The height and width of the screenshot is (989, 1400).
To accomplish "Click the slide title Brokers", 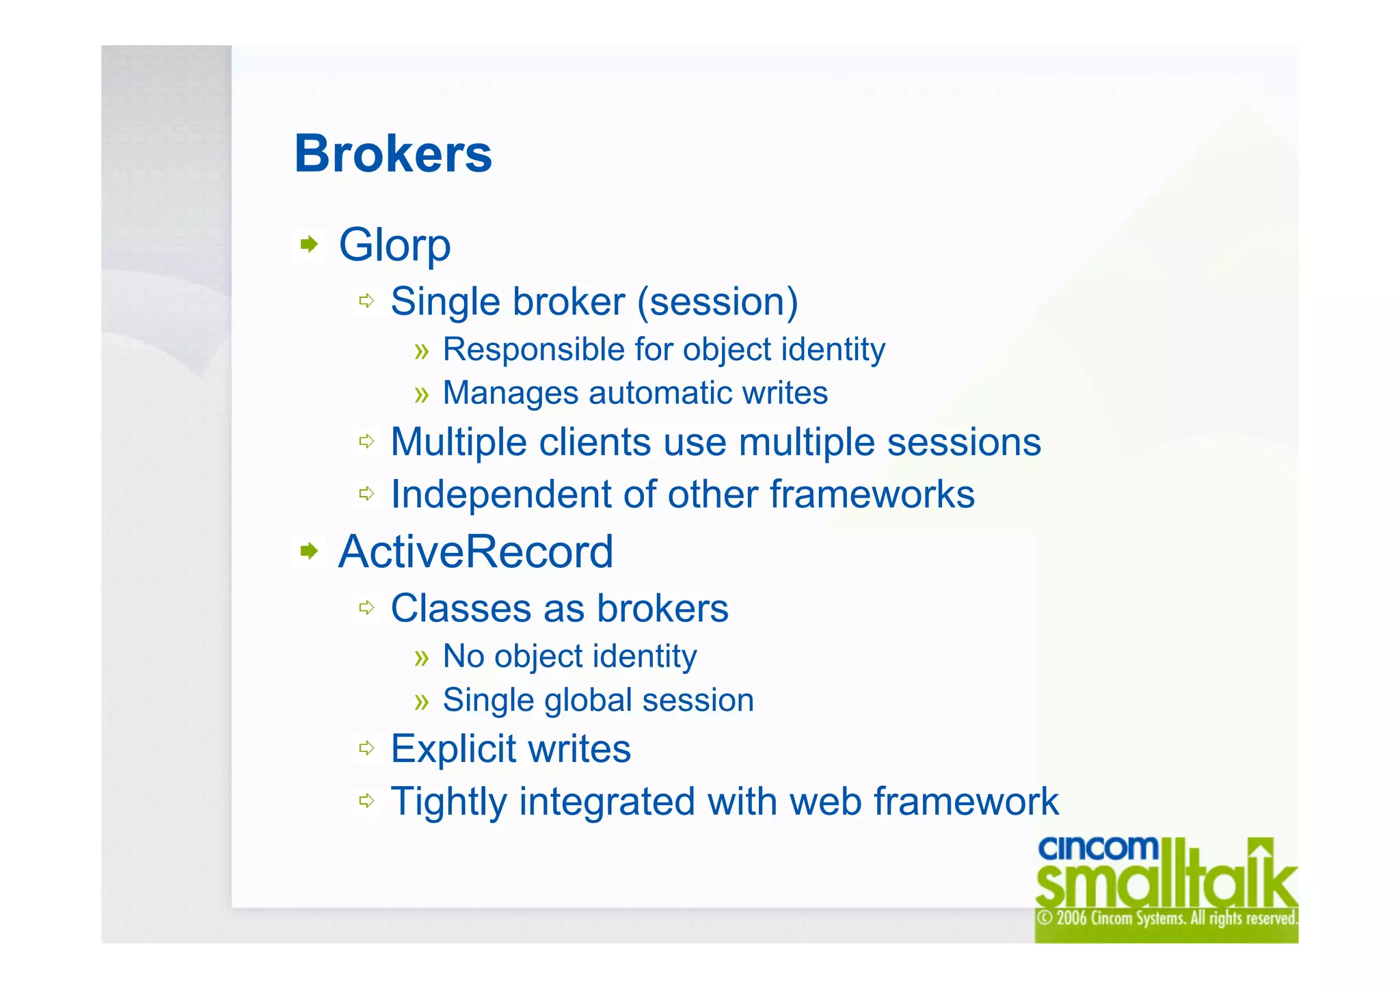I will point(393,154).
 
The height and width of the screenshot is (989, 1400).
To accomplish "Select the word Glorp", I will point(394,245).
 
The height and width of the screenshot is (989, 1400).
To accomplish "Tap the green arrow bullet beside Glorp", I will point(310,244).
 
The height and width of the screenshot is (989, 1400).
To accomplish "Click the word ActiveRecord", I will point(476,552).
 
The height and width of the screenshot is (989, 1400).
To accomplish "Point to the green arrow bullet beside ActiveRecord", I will point(310,551).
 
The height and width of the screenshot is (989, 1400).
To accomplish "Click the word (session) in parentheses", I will point(717,302).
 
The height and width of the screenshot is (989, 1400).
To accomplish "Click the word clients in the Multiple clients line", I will point(594,442).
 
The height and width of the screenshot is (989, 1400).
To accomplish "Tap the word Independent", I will point(500,494).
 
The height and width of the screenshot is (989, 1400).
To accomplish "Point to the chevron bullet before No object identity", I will point(422,658).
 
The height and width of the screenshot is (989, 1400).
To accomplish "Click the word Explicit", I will point(453,748).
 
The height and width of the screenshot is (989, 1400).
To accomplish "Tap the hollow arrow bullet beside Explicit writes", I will point(367,748).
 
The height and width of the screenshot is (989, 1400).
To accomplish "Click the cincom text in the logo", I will point(1097,848).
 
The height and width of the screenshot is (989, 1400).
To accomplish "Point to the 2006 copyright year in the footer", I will point(1071,918).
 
